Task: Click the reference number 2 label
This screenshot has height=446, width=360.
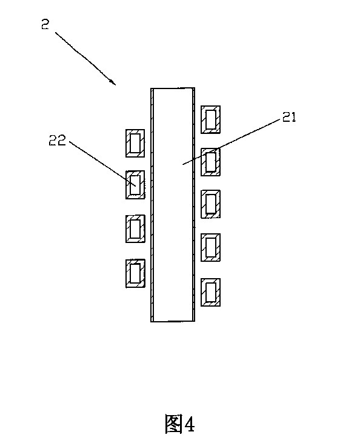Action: (45, 24)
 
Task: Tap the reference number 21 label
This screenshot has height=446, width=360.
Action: (289, 117)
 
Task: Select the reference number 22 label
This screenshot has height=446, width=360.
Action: (57, 141)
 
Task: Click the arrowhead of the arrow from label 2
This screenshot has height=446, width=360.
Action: (113, 82)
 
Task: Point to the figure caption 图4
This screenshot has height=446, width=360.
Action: (179, 424)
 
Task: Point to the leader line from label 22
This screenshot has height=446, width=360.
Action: (102, 164)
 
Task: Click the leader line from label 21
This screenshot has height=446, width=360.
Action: (231, 142)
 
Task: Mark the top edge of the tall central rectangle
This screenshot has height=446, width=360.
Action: (173, 88)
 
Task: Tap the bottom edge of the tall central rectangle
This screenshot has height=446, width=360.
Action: (173, 321)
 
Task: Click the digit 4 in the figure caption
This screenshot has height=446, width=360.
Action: (189, 424)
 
